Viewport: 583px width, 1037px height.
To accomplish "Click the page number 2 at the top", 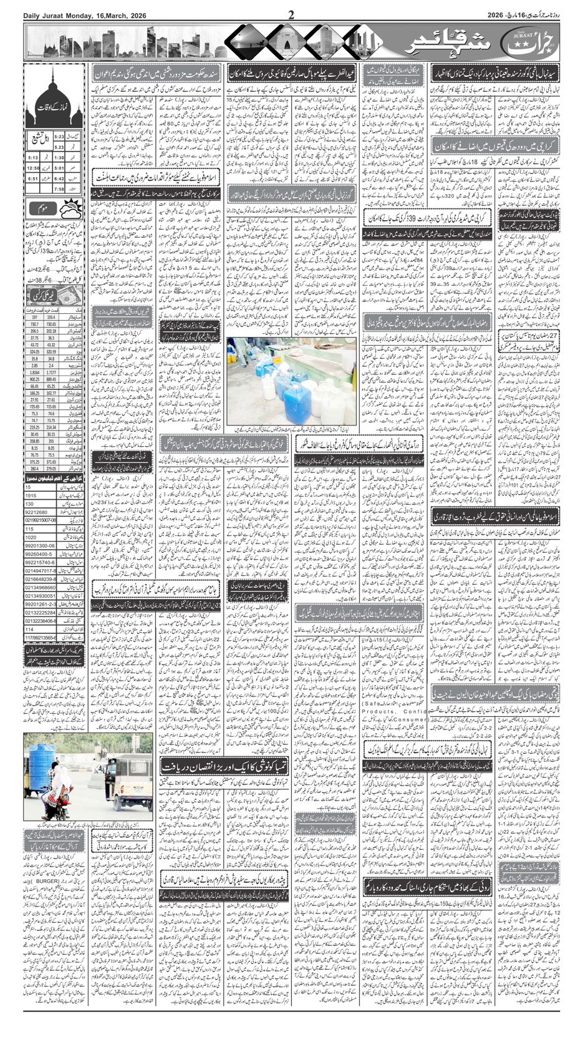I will [x=291, y=14].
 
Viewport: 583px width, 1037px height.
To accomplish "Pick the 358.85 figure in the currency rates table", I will [x=34, y=441].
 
